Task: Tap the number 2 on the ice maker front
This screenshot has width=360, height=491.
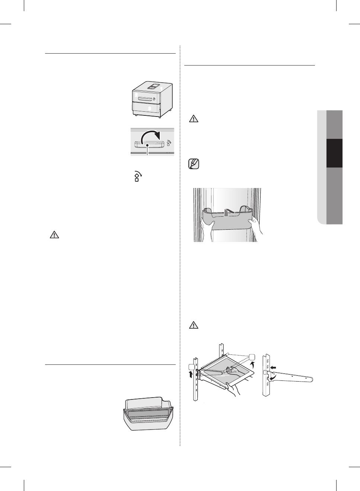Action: tap(135, 96)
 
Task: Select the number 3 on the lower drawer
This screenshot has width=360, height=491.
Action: tap(149, 108)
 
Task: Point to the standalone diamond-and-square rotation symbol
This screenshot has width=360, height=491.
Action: tap(137, 176)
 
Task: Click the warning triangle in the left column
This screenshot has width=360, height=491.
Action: tap(54, 235)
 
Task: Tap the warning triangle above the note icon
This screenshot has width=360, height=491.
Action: tap(194, 119)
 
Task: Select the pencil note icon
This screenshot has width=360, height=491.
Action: tap(194, 164)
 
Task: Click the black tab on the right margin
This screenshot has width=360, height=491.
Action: tap(334, 153)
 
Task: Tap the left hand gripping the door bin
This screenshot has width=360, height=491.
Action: tap(207, 227)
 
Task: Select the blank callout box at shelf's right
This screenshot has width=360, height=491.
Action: tap(252, 356)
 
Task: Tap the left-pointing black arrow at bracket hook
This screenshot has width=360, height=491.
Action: tap(274, 367)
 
